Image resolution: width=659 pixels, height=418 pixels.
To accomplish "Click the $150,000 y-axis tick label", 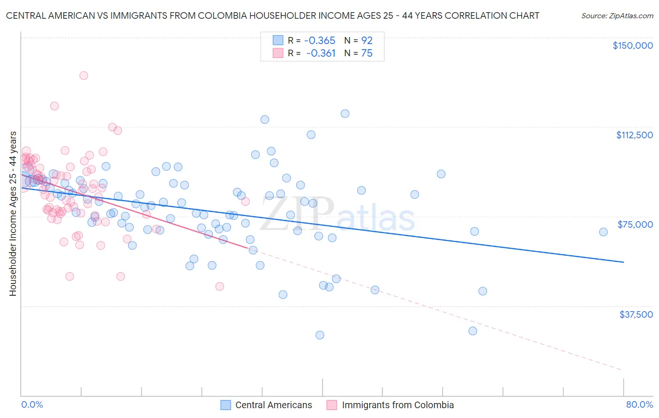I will point(632,45).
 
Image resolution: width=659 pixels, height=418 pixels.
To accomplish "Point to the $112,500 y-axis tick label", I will point(634,135).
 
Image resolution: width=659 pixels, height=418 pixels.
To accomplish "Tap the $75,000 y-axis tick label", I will point(635,224).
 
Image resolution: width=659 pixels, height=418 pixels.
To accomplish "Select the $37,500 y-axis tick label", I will point(636,314).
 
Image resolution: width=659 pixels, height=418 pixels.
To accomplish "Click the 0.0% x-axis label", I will point(32,404).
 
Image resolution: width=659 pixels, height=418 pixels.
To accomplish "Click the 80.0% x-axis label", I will point(639,404).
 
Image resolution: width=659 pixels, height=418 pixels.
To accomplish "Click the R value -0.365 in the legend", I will point(320,40).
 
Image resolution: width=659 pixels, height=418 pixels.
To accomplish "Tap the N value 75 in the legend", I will point(367,53).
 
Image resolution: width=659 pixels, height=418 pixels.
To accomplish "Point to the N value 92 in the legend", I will point(367,40).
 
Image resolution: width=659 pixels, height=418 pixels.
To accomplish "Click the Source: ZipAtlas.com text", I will point(617,15).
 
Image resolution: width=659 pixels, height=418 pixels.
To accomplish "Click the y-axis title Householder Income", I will point(13,214).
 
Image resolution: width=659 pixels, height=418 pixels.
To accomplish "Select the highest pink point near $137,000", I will point(83,75).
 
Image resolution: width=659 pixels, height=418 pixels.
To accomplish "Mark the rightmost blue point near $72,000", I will point(603,232).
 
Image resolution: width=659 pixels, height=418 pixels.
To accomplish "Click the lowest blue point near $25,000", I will point(320,335).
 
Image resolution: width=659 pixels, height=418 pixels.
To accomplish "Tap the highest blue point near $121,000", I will point(345,113).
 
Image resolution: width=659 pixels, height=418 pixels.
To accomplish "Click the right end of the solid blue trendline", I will point(623,262).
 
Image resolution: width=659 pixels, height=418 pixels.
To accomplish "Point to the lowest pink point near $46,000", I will point(219,286).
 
